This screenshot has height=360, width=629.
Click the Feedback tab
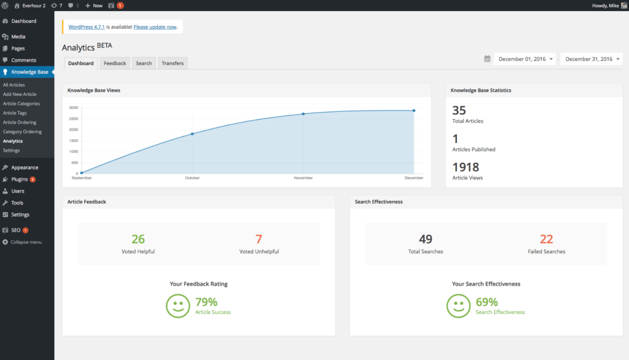[115, 63]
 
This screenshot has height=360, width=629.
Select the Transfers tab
[173, 63]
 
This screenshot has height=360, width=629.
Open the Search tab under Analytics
[144, 63]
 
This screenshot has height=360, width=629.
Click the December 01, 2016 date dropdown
[525, 59]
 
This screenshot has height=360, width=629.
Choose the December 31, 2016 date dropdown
[591, 59]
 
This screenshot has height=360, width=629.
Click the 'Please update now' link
[155, 27]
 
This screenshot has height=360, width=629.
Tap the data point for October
[192, 134]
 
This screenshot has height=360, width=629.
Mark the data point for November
[303, 114]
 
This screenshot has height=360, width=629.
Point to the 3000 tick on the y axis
[73, 108]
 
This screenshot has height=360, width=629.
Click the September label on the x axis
[82, 178]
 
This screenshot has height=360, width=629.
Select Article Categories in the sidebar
[21, 104]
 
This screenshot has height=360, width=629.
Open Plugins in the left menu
[19, 179]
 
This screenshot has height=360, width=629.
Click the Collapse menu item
[26, 242]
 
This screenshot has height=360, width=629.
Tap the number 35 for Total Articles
[459, 111]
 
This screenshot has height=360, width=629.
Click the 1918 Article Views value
[466, 167]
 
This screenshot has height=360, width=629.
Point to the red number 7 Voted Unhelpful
[259, 239]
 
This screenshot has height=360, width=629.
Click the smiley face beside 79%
[178, 305]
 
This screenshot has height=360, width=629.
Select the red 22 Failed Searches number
[547, 239]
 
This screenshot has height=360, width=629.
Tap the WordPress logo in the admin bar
[5, 6]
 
